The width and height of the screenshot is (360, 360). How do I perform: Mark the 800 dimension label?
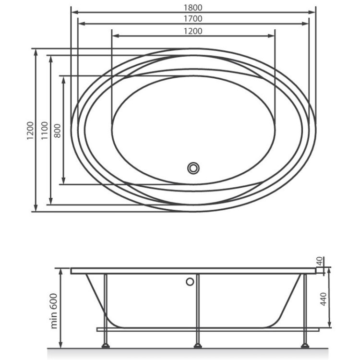[x=57, y=130]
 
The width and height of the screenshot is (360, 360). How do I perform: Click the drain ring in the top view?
[x=194, y=168]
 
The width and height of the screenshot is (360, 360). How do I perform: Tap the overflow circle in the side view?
[x=191, y=281]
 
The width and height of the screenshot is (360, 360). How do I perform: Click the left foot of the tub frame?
[x=106, y=345]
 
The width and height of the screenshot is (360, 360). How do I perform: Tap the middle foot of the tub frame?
[x=197, y=345]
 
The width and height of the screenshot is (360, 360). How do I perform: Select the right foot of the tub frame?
[x=304, y=345]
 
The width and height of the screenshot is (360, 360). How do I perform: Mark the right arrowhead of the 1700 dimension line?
[x=307, y=23]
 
